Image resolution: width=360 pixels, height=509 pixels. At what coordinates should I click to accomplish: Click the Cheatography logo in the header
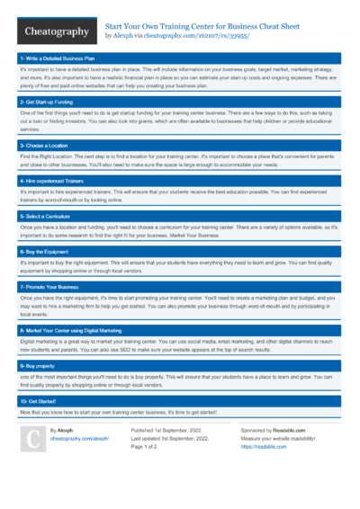pyautogui.click(x=55, y=31)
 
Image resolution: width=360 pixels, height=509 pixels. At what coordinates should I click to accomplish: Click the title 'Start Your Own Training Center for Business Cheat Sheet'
pyautogui.click(x=202, y=28)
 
